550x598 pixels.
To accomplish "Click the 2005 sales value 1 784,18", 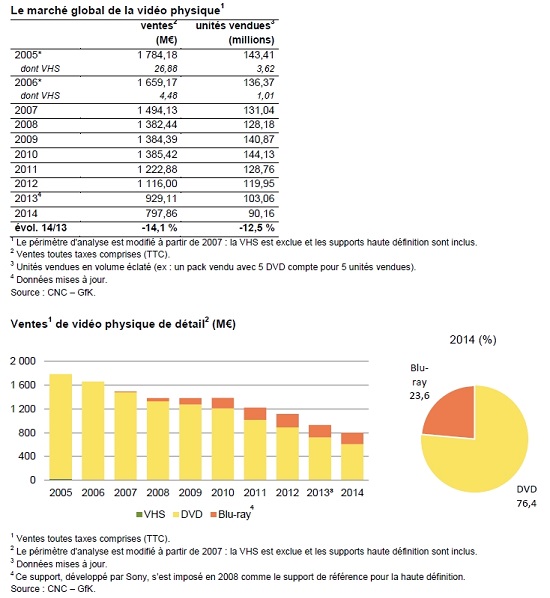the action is click(158, 55).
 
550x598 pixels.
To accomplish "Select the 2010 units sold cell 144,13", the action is click(259, 154).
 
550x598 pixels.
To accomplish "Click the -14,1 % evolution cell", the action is click(159, 228).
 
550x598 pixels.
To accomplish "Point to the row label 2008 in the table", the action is click(26, 124).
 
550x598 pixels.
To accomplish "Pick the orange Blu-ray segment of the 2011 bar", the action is click(255, 414).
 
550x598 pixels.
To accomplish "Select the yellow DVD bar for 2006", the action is click(93, 431).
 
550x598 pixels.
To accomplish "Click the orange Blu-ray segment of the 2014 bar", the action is click(352, 439).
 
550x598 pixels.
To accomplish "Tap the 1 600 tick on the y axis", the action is click(23, 385).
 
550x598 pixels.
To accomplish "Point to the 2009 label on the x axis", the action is click(190, 492).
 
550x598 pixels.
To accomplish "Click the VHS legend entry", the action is click(151, 514).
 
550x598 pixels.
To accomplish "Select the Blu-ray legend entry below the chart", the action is click(231, 514).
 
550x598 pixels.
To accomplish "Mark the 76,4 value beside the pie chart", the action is click(526, 503).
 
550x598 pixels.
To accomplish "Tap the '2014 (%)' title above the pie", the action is click(473, 339).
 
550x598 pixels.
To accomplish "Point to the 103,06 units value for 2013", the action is click(259, 198).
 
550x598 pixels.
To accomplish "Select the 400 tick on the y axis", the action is click(27, 456).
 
